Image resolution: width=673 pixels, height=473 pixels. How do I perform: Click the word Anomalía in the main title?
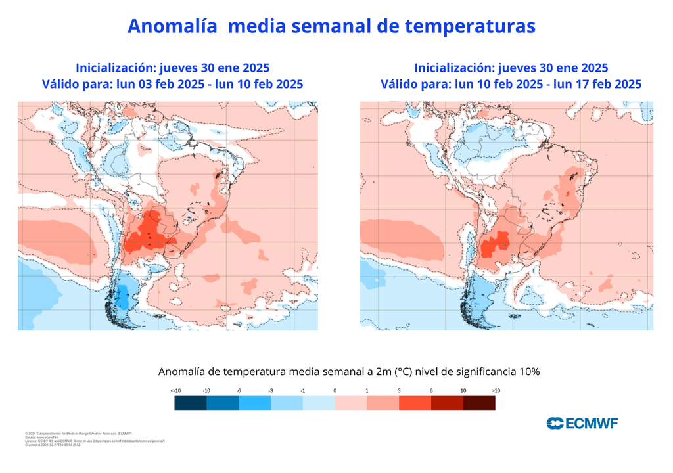[172, 26]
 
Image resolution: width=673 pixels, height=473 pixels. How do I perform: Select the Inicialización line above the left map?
[172, 68]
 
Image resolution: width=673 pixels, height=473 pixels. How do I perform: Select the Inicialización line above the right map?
[511, 68]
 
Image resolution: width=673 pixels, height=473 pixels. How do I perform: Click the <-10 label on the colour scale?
[175, 390]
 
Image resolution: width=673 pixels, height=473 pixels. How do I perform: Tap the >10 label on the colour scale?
[495, 390]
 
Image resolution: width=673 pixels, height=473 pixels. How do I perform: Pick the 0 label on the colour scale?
[335, 390]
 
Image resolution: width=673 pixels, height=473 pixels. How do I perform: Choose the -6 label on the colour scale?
[239, 390]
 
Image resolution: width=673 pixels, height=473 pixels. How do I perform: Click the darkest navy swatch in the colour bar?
[191, 403]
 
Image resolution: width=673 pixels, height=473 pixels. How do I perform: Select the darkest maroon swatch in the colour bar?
[479, 403]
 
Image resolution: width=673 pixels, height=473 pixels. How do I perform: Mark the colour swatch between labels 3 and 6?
[415, 403]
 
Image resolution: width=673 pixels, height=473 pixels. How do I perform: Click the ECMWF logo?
[582, 422]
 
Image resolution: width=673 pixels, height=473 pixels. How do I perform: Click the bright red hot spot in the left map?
[147, 234]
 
